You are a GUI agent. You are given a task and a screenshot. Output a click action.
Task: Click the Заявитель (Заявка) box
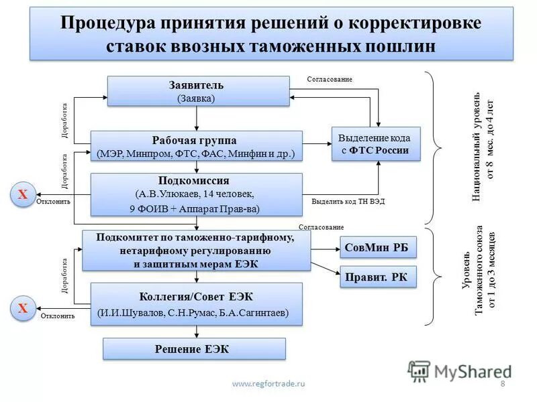click(x=196, y=91)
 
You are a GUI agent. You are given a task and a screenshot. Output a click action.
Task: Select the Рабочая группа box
click(x=196, y=146)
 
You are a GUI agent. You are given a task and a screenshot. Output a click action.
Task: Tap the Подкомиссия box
click(x=196, y=194)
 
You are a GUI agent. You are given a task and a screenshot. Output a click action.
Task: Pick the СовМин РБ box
click(x=379, y=247)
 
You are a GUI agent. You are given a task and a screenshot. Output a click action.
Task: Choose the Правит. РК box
click(x=379, y=277)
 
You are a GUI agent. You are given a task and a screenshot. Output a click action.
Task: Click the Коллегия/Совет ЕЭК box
click(x=196, y=304)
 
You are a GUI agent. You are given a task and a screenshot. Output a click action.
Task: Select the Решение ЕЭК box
click(x=193, y=349)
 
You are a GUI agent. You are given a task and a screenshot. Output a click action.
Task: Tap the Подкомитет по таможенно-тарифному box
click(x=196, y=250)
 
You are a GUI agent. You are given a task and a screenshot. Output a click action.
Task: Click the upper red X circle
click(x=22, y=194)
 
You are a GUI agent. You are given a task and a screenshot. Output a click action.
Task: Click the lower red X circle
click(x=22, y=308)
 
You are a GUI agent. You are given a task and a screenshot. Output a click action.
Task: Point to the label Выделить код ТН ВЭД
click(x=348, y=202)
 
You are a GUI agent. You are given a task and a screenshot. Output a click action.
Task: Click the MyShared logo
click(x=460, y=371)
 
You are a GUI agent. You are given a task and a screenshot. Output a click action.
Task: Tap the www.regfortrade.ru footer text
click(x=268, y=383)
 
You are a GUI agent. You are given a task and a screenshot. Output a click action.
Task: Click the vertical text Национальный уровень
click(x=475, y=146)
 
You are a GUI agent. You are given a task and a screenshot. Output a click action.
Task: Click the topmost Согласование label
click(x=329, y=79)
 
